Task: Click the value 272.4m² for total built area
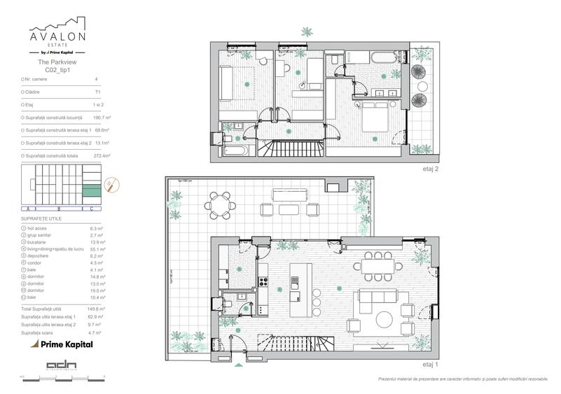click(103, 155)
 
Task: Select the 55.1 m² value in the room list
click(98, 248)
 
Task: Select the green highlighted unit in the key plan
click(92, 189)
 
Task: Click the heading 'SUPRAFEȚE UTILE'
click(41, 220)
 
